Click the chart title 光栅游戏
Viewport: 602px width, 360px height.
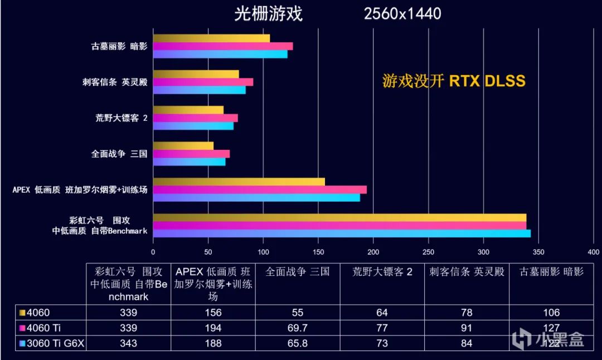268,13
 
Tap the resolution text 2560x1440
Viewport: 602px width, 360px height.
402,13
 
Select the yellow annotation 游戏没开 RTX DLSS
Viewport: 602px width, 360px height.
454,81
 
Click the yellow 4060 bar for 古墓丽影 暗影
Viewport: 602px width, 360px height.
211,38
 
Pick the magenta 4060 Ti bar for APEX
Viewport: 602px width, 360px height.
260,189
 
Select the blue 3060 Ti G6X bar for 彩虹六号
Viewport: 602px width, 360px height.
342,233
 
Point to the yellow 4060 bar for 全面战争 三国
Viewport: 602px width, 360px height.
183,146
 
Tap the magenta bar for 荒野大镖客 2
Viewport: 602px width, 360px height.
195,118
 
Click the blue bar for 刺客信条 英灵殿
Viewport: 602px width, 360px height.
199,90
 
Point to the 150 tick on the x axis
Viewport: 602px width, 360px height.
318,251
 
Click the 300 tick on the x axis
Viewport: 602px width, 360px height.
483,251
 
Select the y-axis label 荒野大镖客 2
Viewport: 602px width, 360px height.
121,118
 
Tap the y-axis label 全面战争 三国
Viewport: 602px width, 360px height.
119,154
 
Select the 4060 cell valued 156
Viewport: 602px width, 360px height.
213,313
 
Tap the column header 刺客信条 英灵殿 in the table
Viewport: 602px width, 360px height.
467,272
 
